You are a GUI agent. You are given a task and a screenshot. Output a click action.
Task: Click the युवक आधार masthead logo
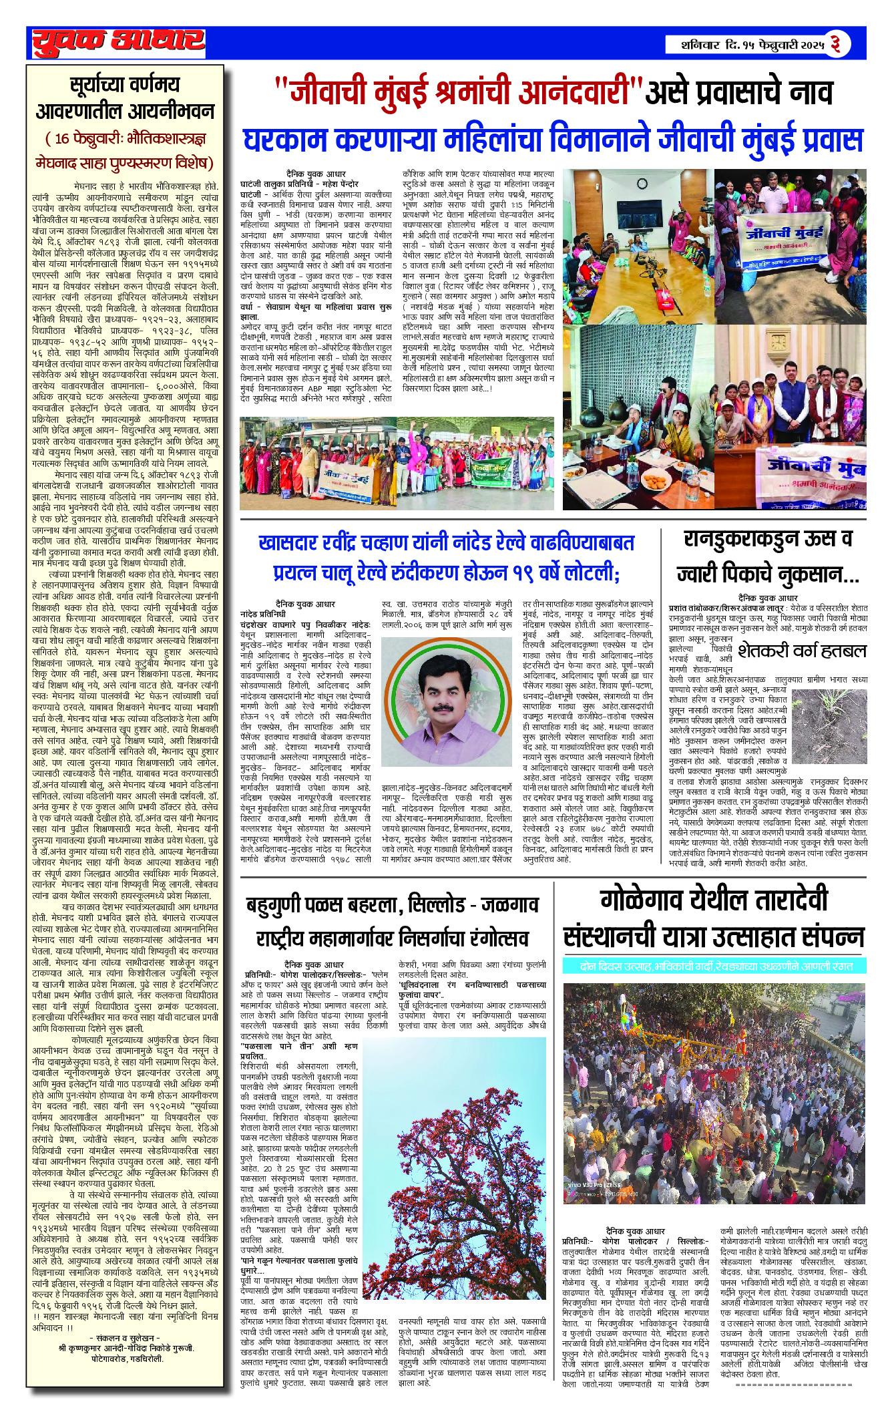pyautogui.click(x=118, y=42)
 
